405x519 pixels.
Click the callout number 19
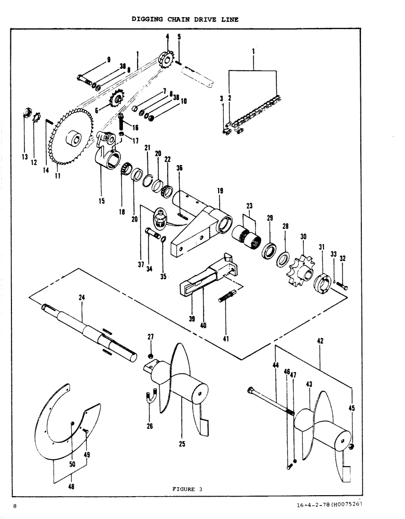220,191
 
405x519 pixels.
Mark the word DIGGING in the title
146,19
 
